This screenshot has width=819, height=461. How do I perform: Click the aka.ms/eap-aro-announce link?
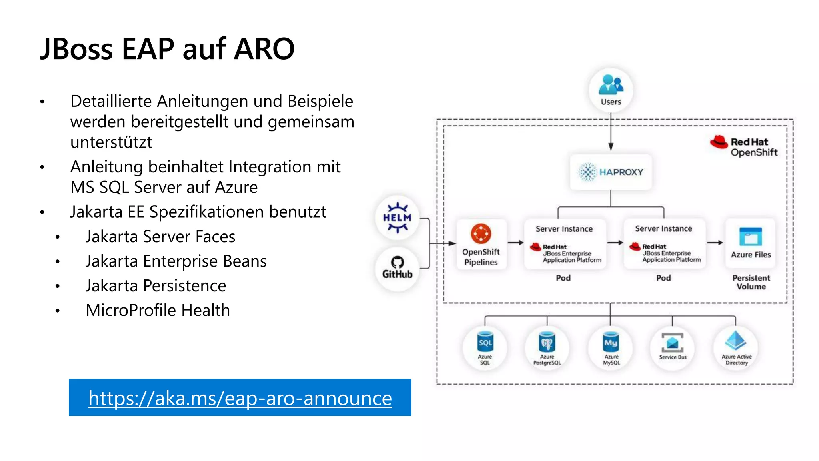point(240,398)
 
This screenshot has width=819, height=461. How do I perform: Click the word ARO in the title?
point(264,49)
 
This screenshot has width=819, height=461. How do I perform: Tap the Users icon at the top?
point(611,90)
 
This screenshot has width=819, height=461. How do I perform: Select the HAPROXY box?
point(611,172)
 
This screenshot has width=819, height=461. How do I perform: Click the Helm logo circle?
point(397,218)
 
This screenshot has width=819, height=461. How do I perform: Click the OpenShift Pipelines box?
point(481,244)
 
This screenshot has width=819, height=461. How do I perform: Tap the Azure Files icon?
point(751,237)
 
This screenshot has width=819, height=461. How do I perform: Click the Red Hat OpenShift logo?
point(744,146)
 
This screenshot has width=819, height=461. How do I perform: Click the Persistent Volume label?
point(751,282)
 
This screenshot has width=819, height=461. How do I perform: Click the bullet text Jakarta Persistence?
point(156,286)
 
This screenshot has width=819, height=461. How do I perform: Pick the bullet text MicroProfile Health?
point(158,310)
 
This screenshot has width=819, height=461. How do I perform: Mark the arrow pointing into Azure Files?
point(715,243)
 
